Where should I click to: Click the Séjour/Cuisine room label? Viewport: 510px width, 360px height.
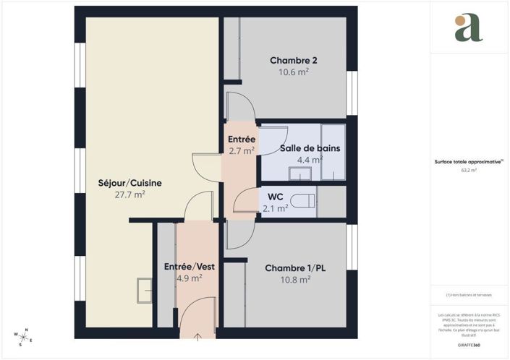[130, 183]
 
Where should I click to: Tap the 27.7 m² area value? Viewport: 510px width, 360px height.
[130, 194]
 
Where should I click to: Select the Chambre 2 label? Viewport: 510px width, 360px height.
[294, 60]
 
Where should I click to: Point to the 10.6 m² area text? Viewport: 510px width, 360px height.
[294, 72]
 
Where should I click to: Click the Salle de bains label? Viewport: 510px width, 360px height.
[310, 148]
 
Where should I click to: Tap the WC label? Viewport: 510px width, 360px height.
[275, 197]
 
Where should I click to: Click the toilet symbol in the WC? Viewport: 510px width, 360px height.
[302, 202]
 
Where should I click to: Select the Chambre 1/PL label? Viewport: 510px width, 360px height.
[295, 267]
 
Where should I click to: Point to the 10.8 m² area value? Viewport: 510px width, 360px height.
[295, 279]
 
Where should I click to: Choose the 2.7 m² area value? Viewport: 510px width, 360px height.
[241, 151]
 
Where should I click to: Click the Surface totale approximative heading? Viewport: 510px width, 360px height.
[469, 162]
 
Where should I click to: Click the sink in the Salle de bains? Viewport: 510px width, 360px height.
[299, 173]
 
